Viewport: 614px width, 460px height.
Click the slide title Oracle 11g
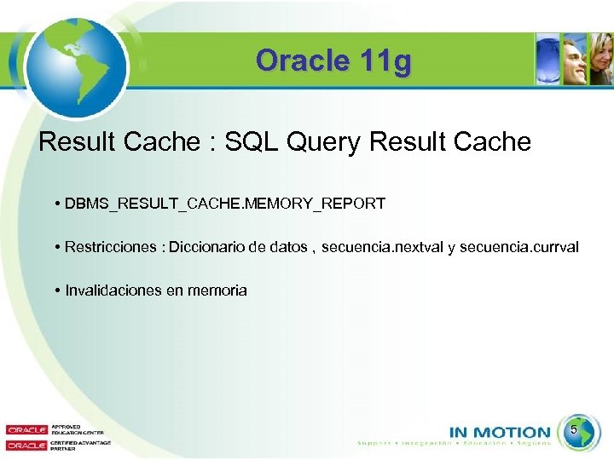tap(333, 61)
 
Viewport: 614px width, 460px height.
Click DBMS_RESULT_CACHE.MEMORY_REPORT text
tap(224, 204)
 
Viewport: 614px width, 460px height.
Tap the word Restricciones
tap(108, 247)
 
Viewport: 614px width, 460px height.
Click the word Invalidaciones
tap(113, 290)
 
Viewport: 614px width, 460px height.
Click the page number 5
tap(574, 431)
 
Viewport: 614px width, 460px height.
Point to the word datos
tap(288, 247)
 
